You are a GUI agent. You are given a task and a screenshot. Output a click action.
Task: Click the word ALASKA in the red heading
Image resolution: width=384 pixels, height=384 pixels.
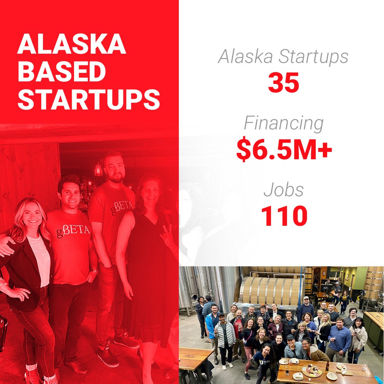pos(71,44)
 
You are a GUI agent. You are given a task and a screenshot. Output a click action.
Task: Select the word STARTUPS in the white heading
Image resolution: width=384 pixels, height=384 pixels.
pos(89,100)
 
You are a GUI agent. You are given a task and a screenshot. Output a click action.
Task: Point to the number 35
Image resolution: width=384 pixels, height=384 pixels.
pos(283,83)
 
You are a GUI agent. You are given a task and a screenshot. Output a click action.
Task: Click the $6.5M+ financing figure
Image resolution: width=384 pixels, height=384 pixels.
pos(284,150)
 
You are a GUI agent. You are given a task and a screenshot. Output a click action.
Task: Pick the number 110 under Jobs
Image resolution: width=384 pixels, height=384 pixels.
pos(284,217)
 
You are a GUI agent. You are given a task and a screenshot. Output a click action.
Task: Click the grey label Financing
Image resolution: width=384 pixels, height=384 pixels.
pos(284,123)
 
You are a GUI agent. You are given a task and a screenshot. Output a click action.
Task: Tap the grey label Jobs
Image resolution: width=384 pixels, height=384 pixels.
pos(284,190)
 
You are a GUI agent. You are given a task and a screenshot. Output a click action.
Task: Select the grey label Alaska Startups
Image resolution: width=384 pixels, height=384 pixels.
pos(283,57)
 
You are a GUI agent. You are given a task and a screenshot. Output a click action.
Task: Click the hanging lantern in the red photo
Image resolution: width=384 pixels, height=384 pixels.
pos(98,169)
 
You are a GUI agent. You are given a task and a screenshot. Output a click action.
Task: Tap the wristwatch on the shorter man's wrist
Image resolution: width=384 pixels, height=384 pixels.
pos(94,272)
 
